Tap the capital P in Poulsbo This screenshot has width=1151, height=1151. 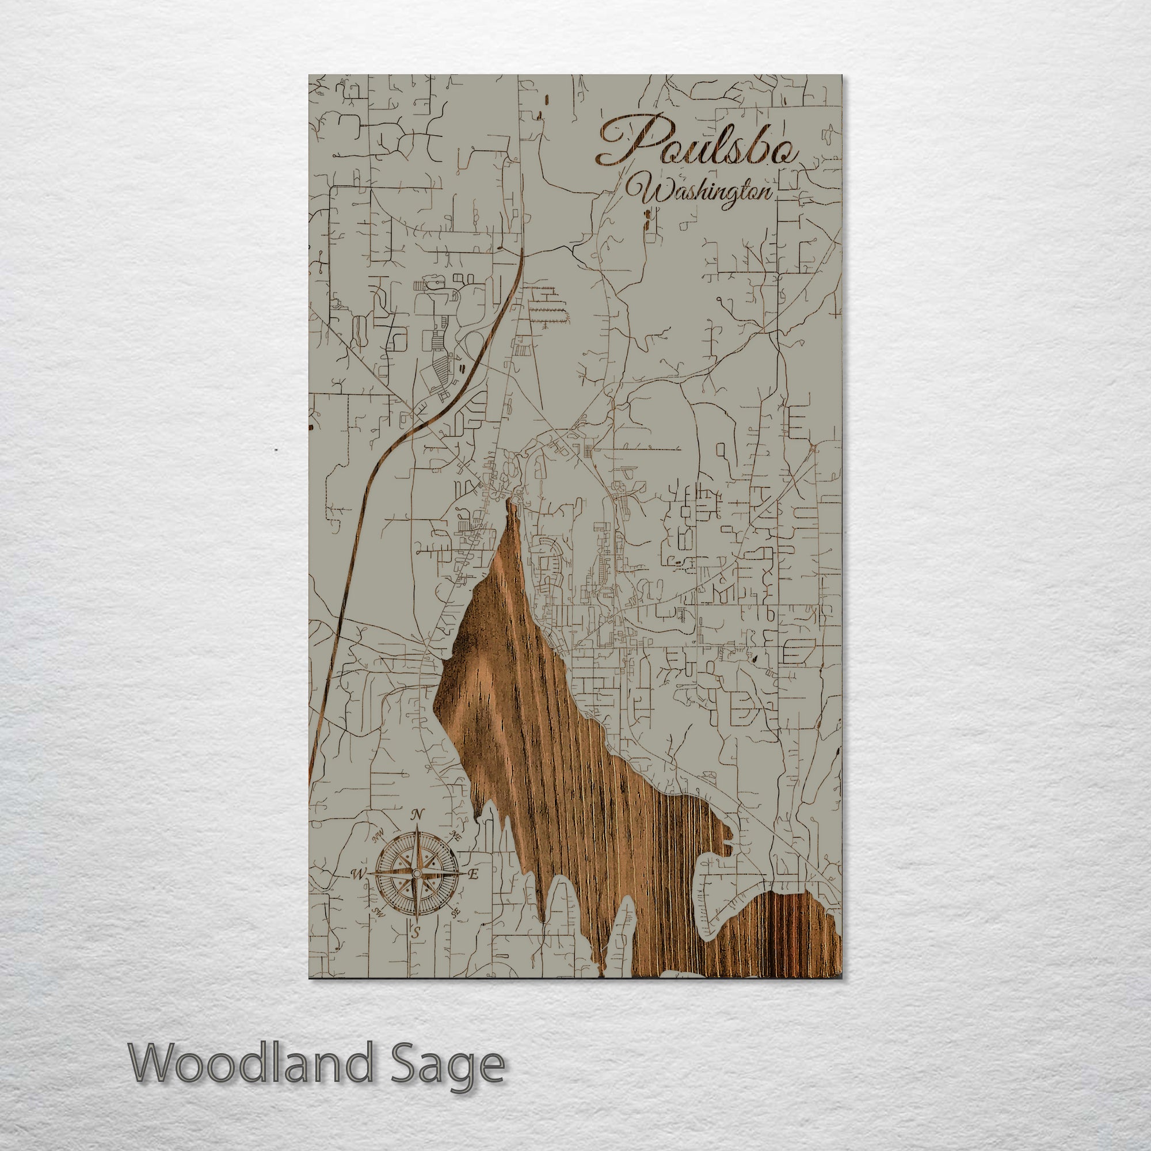pyautogui.click(x=626, y=143)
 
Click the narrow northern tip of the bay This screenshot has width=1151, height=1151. pyautogui.click(x=510, y=507)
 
